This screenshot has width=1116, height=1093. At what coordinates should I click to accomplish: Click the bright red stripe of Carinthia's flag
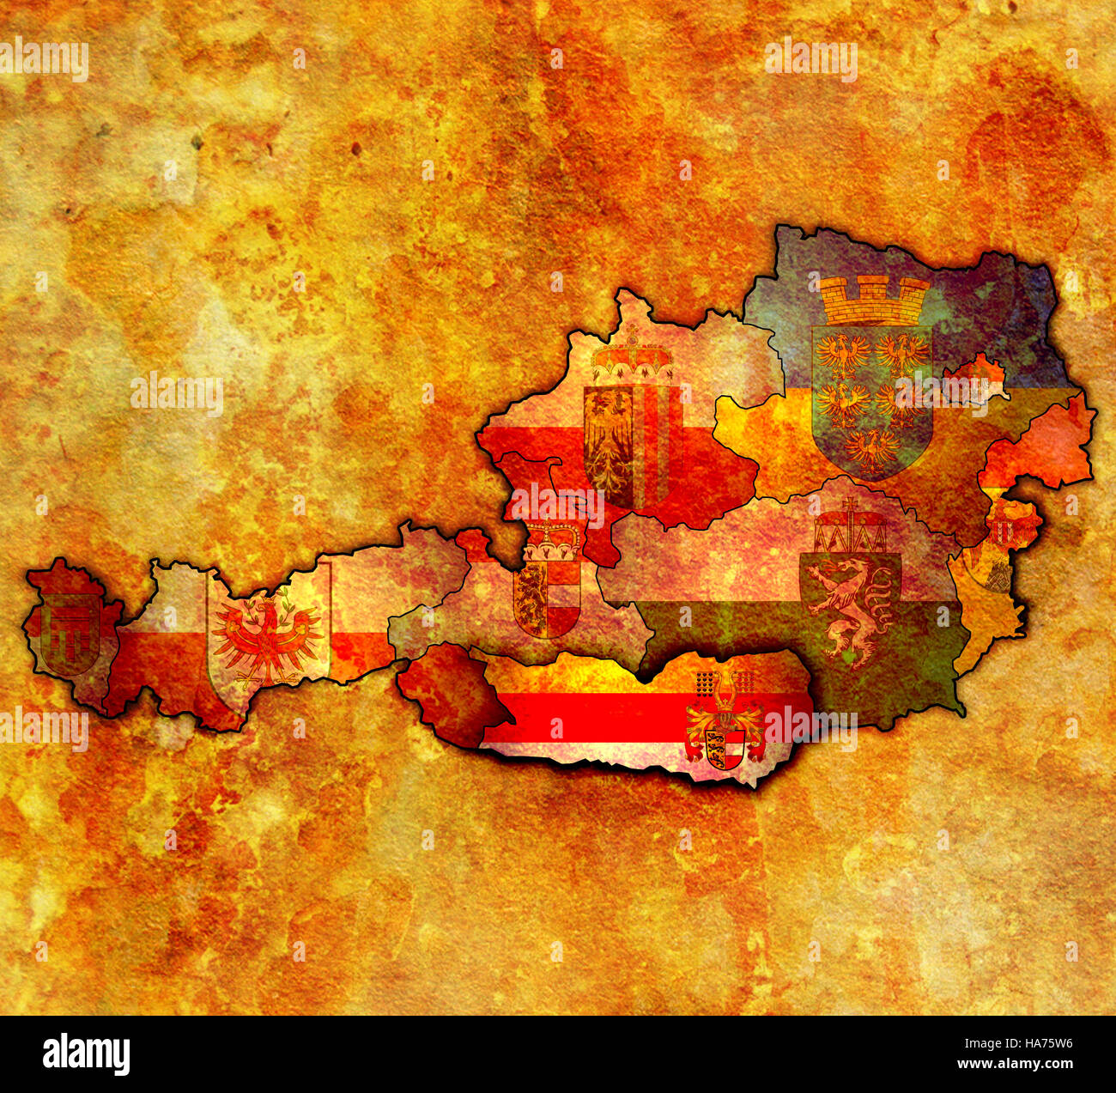coord(601,716)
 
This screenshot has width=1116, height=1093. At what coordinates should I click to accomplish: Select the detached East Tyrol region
coord(446,691)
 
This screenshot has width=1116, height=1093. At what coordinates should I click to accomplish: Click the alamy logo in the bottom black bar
coord(86,1054)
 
